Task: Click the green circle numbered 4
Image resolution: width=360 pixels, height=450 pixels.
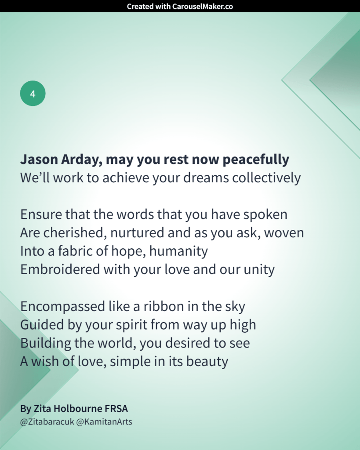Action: click(33, 93)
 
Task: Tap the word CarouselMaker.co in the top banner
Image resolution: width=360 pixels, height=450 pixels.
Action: click(202, 6)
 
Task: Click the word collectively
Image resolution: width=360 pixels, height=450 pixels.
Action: click(266, 178)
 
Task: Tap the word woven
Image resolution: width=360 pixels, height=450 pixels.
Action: click(284, 233)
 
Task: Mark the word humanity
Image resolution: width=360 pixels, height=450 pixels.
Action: click(178, 251)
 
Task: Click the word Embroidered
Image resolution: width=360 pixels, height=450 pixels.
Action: click(60, 269)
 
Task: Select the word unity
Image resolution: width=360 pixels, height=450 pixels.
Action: click(259, 270)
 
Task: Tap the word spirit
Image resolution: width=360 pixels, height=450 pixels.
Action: click(131, 325)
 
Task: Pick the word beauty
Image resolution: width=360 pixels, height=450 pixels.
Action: click(207, 362)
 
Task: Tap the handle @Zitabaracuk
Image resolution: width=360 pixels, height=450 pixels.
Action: click(47, 422)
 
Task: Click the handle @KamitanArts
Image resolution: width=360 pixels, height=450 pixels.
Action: click(104, 422)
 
